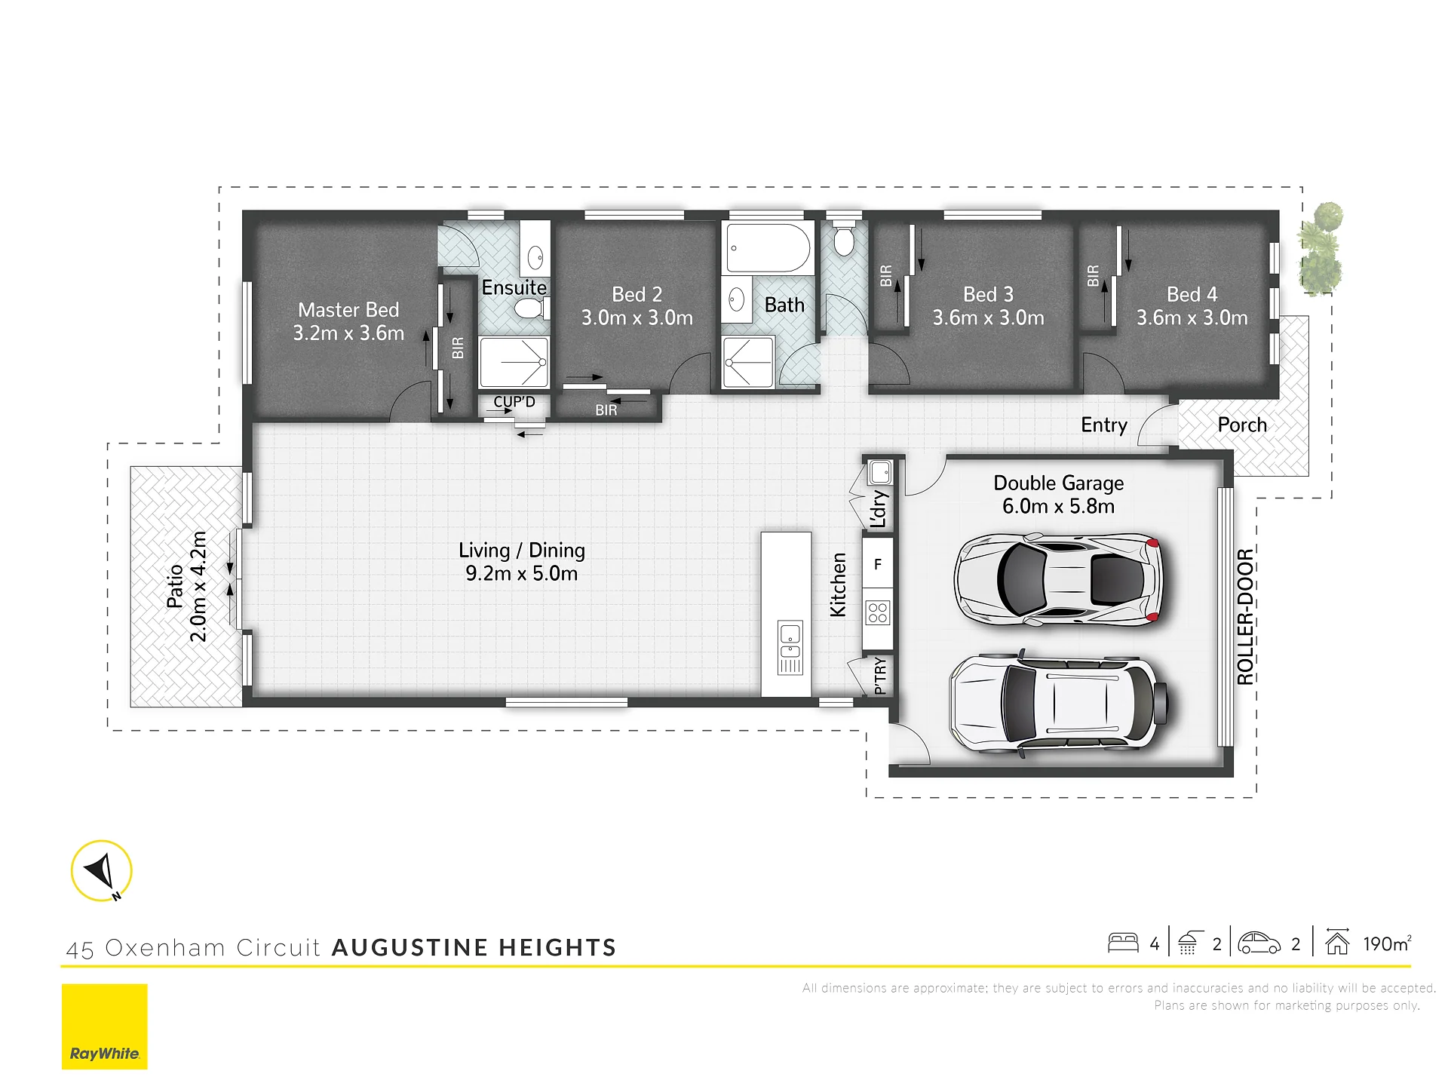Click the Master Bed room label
348,310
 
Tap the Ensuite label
514,287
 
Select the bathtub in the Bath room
768,247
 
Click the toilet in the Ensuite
531,308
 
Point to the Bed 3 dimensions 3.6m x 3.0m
988,318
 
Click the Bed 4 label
1192,294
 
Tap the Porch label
1242,425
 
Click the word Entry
1104,425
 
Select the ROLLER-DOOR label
1245,616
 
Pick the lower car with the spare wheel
1059,704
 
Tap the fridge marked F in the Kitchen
878,563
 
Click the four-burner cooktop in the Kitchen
878,612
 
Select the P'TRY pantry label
879,676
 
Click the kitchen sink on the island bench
790,647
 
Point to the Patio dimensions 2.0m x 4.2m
198,587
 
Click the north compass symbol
102,871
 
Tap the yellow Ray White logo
105,1026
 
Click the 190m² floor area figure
1387,943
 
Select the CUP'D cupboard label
514,402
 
